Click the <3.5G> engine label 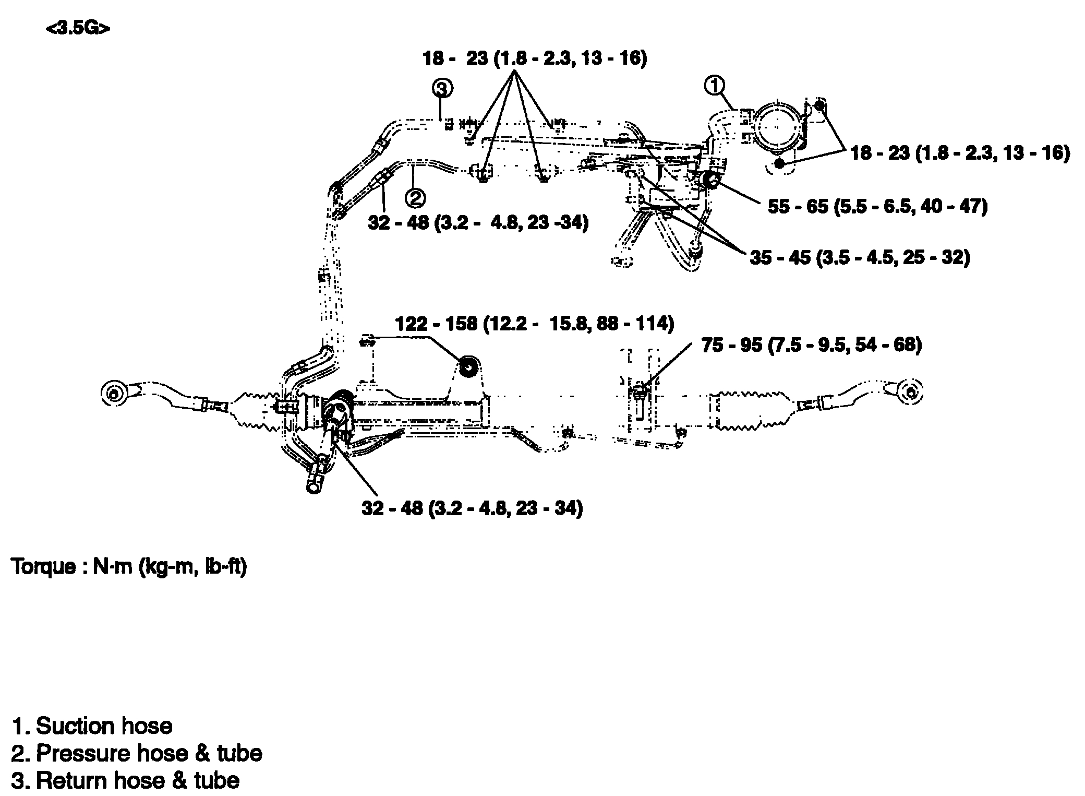coord(78,28)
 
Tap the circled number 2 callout coord(416,198)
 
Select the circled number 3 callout coord(442,89)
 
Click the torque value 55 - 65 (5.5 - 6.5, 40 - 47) coord(877,207)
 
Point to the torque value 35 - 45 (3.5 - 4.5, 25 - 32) coord(860,257)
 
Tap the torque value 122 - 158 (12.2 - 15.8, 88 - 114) coord(535,324)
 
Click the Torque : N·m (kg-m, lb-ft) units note coord(129,567)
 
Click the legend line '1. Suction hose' coord(92,726)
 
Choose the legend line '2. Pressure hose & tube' coord(137,753)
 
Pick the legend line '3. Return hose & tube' coord(125,781)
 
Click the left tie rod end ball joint coord(113,393)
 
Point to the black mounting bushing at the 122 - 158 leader coord(469,367)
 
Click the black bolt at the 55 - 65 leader coord(709,181)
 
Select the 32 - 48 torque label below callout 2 coord(478,223)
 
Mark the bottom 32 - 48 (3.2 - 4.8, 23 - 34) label coord(472,508)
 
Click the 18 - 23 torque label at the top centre coord(535,58)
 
